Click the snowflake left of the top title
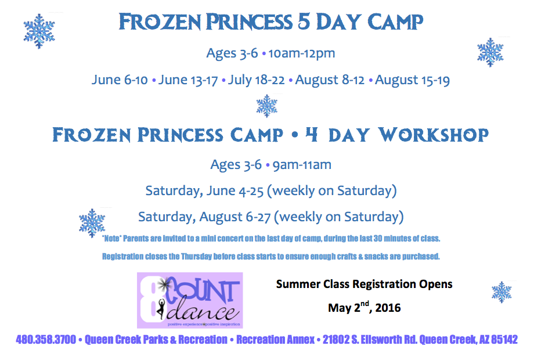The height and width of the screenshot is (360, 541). (39, 31)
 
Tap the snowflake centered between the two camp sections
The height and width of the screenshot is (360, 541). (266, 106)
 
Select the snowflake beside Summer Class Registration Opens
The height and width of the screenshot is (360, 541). (502, 292)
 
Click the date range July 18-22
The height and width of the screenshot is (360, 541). (256, 80)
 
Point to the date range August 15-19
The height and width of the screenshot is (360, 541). (412, 80)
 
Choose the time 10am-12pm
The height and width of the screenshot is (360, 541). (301, 53)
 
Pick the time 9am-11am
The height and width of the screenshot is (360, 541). (302, 165)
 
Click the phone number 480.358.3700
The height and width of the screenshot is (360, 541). (46, 340)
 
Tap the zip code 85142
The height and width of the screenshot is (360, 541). (504, 340)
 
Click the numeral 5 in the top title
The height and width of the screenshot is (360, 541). (304, 21)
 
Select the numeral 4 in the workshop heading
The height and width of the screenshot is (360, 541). (312, 134)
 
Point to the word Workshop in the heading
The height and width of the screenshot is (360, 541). (434, 135)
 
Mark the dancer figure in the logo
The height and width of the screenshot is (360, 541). (161, 308)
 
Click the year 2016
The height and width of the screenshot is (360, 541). (388, 308)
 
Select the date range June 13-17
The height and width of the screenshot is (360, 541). (187, 80)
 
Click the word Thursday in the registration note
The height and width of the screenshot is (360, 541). (196, 257)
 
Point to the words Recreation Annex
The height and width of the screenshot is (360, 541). (275, 340)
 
